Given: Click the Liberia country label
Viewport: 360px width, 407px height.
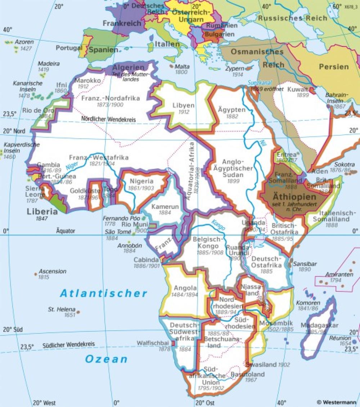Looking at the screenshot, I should [42, 211].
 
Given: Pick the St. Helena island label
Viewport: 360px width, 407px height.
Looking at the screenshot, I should [62, 309].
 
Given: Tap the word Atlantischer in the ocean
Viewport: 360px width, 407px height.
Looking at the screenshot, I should [104, 294].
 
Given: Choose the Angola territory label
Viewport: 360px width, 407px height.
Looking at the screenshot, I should [185, 288].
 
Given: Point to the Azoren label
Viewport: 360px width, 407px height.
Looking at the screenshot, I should [24, 42].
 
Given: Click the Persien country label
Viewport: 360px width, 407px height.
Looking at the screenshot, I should [334, 67].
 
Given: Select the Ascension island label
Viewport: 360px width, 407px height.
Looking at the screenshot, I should [53, 271].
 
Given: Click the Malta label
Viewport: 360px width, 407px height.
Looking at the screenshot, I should [182, 67].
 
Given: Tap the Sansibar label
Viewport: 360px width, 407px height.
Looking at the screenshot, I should [305, 264].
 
